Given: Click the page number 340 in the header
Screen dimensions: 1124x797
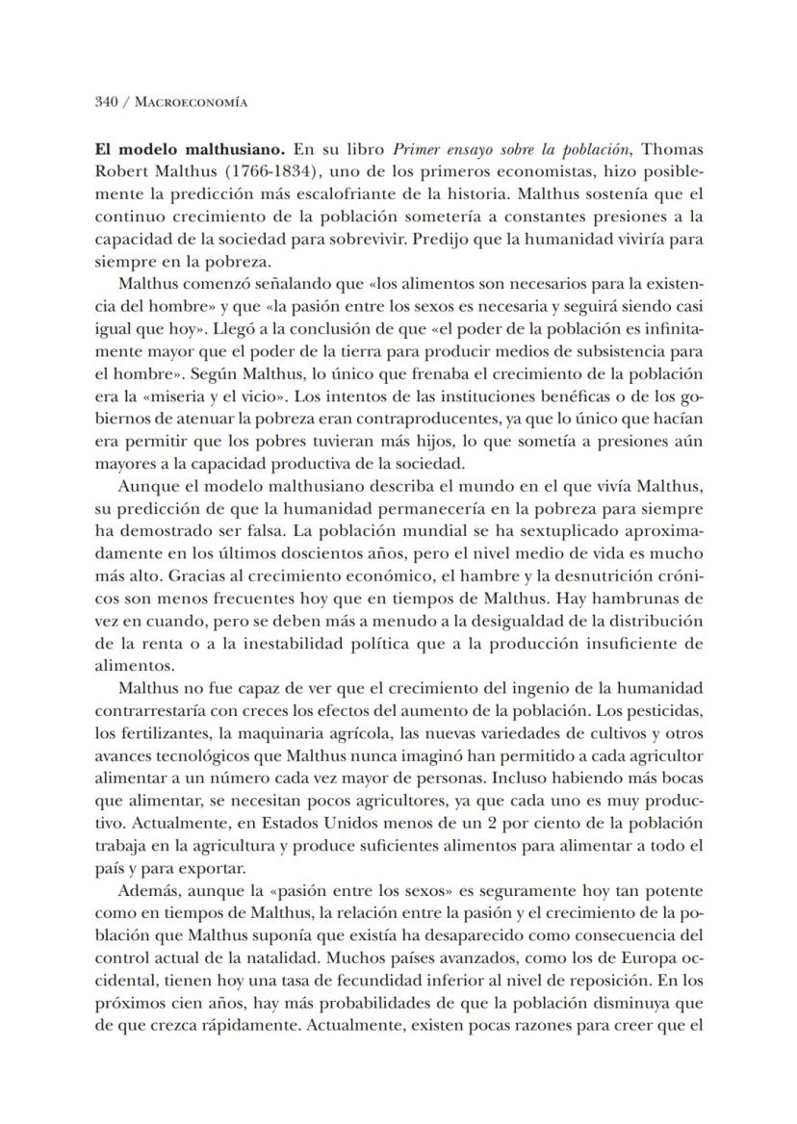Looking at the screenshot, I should point(107,101).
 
